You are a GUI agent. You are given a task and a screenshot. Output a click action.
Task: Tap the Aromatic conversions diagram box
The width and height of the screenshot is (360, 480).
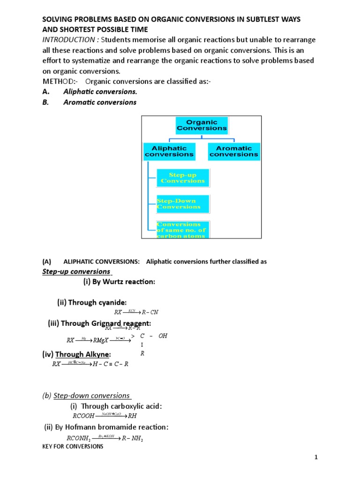(x=233, y=151)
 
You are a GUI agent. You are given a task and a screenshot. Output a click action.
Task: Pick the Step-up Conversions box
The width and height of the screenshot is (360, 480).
(x=183, y=178)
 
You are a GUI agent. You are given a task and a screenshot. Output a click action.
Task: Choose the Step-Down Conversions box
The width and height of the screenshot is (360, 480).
(x=183, y=204)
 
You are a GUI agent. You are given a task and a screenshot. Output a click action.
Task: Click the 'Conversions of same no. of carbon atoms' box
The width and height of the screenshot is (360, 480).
(x=183, y=230)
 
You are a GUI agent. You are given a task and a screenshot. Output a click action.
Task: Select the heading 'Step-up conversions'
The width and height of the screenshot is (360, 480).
(x=76, y=271)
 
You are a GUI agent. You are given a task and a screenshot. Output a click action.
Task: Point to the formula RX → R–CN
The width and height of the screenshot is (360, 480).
(x=136, y=312)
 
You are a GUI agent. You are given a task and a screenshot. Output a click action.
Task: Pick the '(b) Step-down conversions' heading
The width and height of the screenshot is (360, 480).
(x=87, y=395)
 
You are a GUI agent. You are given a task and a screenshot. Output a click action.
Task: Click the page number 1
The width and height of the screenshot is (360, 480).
(x=316, y=457)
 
